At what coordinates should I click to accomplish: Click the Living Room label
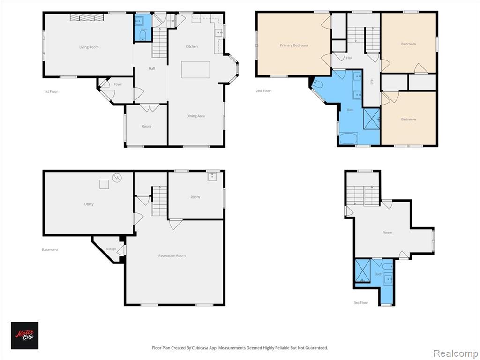(x=89, y=47)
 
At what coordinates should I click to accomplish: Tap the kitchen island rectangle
(x=195, y=70)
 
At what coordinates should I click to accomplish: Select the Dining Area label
(x=195, y=116)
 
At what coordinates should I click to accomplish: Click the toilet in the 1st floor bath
(x=143, y=35)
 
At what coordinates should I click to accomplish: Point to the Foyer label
(x=118, y=84)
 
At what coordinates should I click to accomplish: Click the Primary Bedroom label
(x=294, y=45)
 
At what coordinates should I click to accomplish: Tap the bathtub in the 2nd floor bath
(x=348, y=138)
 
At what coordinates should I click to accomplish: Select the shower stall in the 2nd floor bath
(x=372, y=119)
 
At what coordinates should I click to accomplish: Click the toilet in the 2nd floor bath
(x=317, y=83)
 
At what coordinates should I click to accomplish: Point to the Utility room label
(x=89, y=204)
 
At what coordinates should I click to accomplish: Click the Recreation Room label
(x=172, y=255)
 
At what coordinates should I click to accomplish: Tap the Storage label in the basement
(x=111, y=249)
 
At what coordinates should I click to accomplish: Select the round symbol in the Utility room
(x=117, y=178)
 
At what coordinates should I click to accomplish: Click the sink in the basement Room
(x=212, y=176)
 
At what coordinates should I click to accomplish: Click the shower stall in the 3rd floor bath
(x=363, y=270)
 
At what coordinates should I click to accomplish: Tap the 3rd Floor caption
(x=361, y=303)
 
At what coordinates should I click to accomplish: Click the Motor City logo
(x=25, y=335)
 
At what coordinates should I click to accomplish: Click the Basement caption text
(x=50, y=250)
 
